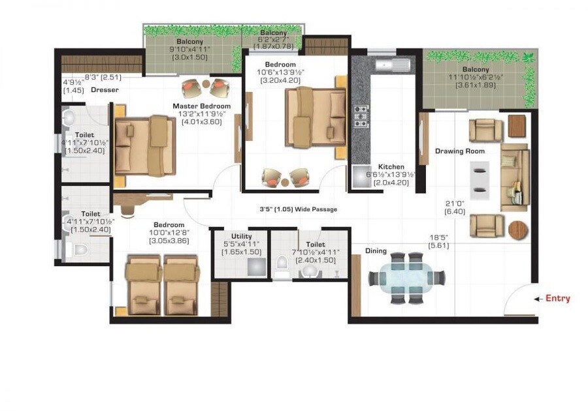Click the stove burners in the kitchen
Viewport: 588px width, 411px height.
coord(361,115)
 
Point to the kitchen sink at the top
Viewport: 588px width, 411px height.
coord(390,64)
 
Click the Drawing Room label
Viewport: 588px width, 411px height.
coord(460,151)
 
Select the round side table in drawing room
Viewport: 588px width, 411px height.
coord(517,230)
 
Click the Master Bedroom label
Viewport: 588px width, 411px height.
coord(201,106)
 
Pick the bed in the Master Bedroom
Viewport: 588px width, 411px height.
coord(144,146)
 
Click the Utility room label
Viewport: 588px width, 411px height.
coord(242,237)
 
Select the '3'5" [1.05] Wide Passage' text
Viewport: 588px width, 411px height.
coord(299,209)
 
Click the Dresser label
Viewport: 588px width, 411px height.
coord(105,90)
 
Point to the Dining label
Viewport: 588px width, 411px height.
coord(376,251)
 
